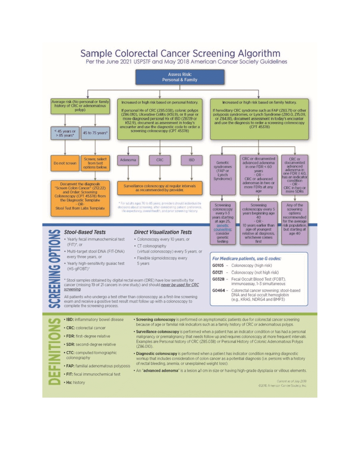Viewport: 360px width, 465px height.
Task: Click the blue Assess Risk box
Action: [180, 77]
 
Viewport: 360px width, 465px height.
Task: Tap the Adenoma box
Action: [128, 160]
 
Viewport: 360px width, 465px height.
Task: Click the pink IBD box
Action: [191, 160]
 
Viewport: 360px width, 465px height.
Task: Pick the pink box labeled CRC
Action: [160, 160]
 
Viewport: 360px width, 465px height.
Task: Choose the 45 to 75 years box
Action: [96, 134]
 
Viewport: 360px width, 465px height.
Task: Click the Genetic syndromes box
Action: [223, 173]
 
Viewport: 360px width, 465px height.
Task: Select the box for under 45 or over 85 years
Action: [65, 134]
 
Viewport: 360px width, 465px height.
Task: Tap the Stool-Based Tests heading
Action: [85, 232]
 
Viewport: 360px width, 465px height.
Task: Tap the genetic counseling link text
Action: [223, 226]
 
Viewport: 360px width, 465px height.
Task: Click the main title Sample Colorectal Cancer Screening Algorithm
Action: [180, 53]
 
